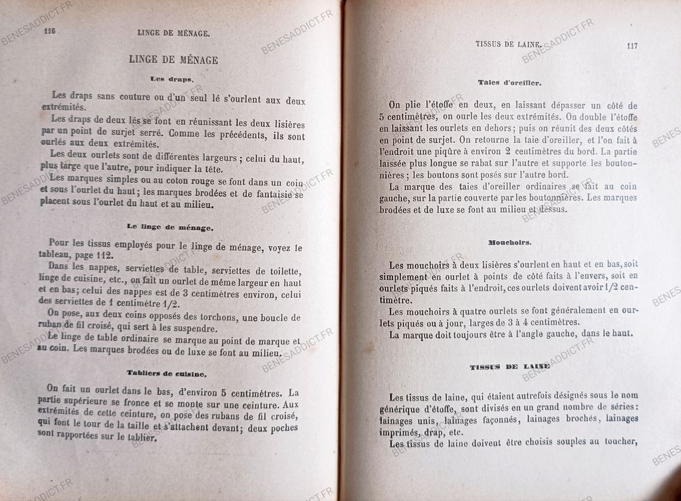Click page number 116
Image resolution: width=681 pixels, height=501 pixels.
[x=49, y=31]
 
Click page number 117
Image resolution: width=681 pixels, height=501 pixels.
[x=632, y=46]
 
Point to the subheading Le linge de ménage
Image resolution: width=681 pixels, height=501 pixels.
[x=171, y=227]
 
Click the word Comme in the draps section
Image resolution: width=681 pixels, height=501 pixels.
[x=185, y=134]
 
